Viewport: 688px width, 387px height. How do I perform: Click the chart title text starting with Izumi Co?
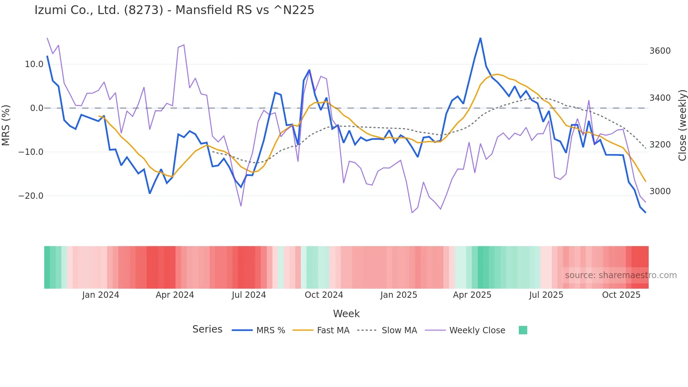pyautogui.click(x=174, y=10)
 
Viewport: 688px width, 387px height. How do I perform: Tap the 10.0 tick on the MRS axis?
pyautogui.click(x=34, y=64)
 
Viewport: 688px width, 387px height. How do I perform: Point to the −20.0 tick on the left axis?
pyautogui.click(x=31, y=196)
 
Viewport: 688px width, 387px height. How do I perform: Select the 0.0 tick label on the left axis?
pyautogui.click(x=37, y=108)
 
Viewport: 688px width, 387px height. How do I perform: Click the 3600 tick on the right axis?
pyautogui.click(x=660, y=51)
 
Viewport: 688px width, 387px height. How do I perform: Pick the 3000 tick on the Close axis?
pyautogui.click(x=660, y=191)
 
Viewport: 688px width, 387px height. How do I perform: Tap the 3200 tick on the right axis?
pyautogui.click(x=660, y=145)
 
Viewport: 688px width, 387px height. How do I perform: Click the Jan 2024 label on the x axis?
pyautogui.click(x=100, y=295)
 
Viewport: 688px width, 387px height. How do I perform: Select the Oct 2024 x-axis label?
pyautogui.click(x=324, y=295)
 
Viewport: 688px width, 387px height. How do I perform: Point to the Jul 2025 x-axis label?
pyautogui.click(x=546, y=295)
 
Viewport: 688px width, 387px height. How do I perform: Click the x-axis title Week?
pyautogui.click(x=346, y=314)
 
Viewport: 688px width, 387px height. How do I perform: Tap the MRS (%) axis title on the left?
pyautogui.click(x=6, y=125)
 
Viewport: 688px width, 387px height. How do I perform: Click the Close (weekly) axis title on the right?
pyautogui.click(x=682, y=125)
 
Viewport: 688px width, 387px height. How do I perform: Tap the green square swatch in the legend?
pyautogui.click(x=523, y=330)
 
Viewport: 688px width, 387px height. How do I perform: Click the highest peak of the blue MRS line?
pyautogui.click(x=480, y=38)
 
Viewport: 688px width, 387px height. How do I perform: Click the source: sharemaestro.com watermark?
pyautogui.click(x=621, y=275)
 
